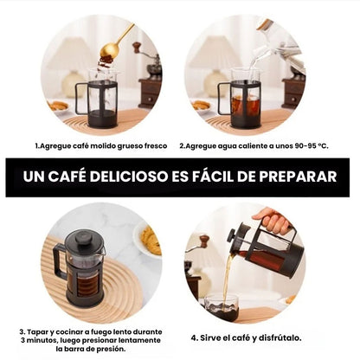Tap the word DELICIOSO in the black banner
tap(128, 177)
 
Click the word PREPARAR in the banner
tap(298, 177)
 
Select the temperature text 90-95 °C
tap(312, 146)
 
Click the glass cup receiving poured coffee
tap(222, 307)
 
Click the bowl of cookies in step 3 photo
tap(148, 240)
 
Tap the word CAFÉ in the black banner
tap(67, 176)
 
